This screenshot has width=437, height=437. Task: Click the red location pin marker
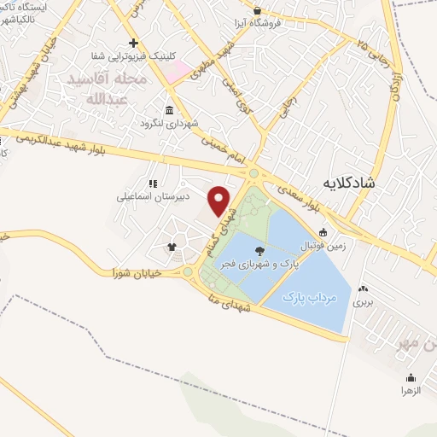pos(219,201)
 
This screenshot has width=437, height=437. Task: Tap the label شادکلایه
pos(351,183)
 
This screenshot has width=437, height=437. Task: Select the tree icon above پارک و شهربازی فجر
pos(259,250)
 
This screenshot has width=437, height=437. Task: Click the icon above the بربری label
pos(364,289)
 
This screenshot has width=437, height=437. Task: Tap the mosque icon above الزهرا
pos(411,378)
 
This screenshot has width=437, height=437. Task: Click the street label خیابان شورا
pos(137,272)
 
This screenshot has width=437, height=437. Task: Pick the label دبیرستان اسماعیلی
pos(154,195)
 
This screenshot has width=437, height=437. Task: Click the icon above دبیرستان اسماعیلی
pos(154,183)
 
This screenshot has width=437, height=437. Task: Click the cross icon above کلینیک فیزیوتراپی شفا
pos(132,43)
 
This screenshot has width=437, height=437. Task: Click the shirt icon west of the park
pos(172,248)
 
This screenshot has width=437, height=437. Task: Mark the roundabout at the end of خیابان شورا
pos(187,272)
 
